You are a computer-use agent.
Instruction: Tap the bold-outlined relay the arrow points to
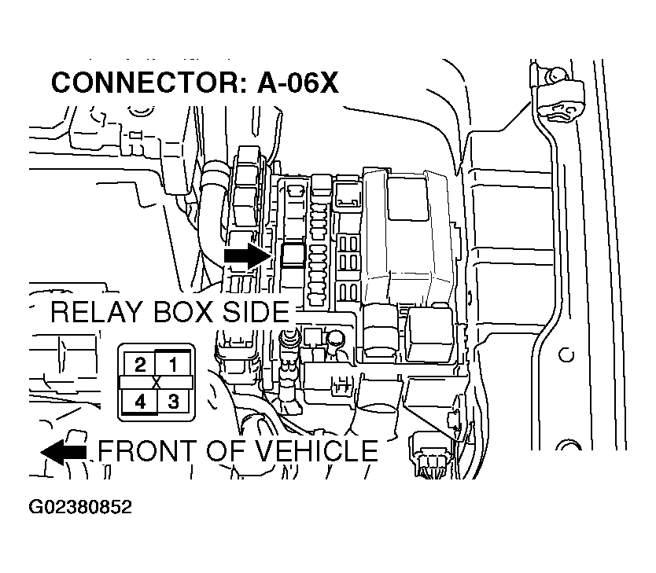click(x=293, y=255)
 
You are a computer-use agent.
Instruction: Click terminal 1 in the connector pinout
click(x=173, y=364)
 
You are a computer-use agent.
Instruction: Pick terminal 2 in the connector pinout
click(x=139, y=364)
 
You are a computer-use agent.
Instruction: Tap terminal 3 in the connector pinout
click(x=173, y=402)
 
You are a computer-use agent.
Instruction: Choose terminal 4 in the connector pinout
click(x=139, y=402)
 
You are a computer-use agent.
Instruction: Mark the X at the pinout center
click(x=157, y=383)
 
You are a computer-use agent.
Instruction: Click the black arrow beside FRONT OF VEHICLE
click(x=64, y=451)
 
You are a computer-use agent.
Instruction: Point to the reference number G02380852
click(x=80, y=507)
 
